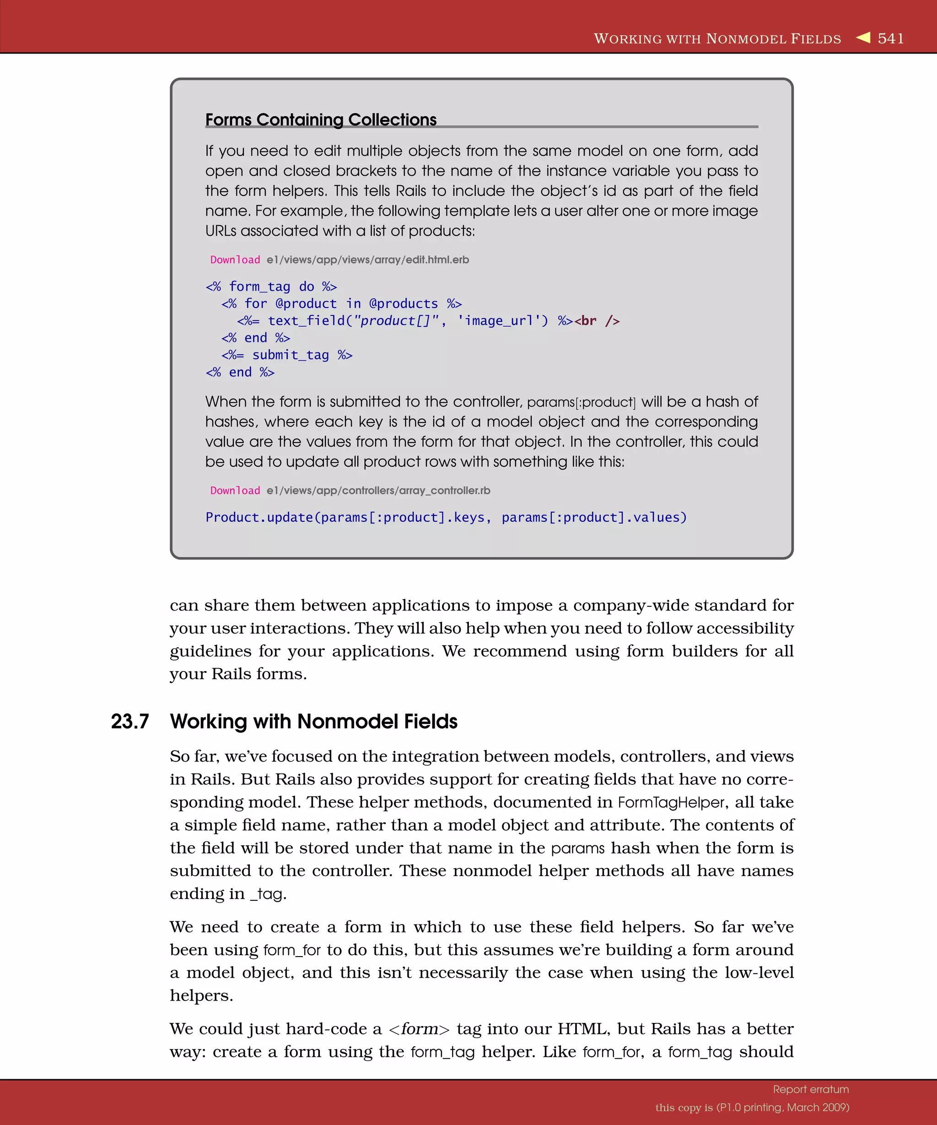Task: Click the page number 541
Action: coord(890,38)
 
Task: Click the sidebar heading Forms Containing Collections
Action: coord(321,119)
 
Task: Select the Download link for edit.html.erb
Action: coord(235,260)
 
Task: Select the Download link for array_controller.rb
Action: coord(235,491)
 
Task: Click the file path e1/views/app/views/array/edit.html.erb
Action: coord(368,260)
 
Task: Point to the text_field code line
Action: coord(393,321)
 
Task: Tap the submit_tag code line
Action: coord(287,355)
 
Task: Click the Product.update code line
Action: coord(446,518)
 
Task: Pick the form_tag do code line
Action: coord(271,287)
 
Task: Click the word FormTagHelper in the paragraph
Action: coord(671,802)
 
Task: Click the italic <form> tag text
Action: coord(419,1029)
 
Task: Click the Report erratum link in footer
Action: coord(811,1089)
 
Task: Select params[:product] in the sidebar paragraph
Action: coord(581,402)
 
